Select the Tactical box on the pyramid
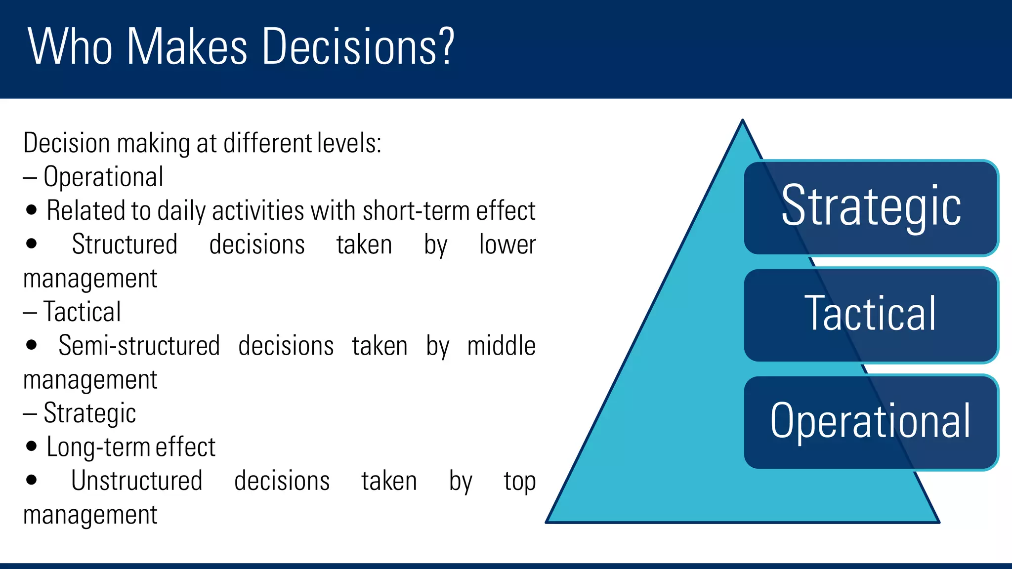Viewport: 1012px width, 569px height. [x=871, y=314]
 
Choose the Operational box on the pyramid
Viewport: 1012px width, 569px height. [x=871, y=421]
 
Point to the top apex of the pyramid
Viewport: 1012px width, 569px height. [x=742, y=122]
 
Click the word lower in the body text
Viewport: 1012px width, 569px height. [x=507, y=244]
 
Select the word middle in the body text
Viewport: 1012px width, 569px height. [x=501, y=346]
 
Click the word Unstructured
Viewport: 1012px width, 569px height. [x=137, y=481]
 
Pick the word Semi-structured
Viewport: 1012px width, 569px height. [x=139, y=345]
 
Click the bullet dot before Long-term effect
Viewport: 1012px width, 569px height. [x=32, y=447]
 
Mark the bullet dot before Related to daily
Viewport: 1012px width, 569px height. [x=32, y=210]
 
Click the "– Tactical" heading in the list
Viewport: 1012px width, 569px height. [x=72, y=312]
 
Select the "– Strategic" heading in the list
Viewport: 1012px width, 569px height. [x=80, y=413]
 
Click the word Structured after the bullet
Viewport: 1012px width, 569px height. [x=125, y=244]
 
